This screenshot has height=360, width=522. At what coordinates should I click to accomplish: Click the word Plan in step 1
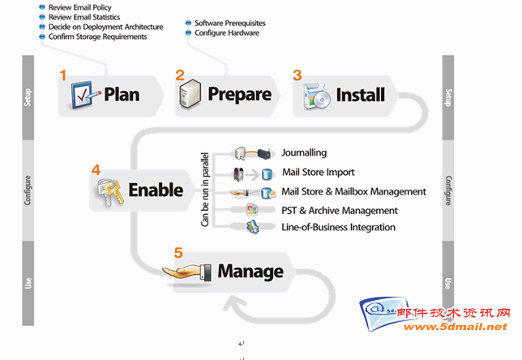[122, 94]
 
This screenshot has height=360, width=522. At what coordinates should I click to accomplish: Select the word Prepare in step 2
[240, 95]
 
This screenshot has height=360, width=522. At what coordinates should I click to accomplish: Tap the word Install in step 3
[361, 95]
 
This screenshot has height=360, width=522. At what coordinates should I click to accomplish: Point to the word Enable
[156, 190]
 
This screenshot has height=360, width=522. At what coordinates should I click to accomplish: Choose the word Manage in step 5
[250, 272]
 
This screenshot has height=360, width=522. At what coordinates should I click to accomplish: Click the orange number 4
[96, 169]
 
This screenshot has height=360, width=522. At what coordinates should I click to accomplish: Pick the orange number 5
[178, 253]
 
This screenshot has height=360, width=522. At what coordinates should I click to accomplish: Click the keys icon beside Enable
[110, 192]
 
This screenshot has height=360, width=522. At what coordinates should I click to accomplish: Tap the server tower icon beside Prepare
[190, 94]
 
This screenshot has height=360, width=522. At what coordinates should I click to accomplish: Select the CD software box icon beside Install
[317, 96]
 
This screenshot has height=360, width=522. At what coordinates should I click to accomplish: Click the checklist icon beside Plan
[84, 95]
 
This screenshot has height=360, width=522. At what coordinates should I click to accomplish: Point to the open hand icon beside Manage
[187, 272]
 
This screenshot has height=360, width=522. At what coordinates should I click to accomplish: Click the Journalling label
[304, 152]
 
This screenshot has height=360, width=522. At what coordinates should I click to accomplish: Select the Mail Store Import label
[319, 172]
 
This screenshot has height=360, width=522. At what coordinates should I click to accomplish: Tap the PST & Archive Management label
[340, 211]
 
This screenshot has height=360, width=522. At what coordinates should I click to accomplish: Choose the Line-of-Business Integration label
[339, 227]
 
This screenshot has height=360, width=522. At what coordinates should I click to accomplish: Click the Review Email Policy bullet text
[80, 7]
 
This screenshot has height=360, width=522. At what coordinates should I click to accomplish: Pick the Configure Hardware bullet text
[227, 33]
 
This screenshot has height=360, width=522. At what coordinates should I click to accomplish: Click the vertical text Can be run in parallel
[205, 190]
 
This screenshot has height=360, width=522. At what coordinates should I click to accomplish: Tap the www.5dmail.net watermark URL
[456, 327]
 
